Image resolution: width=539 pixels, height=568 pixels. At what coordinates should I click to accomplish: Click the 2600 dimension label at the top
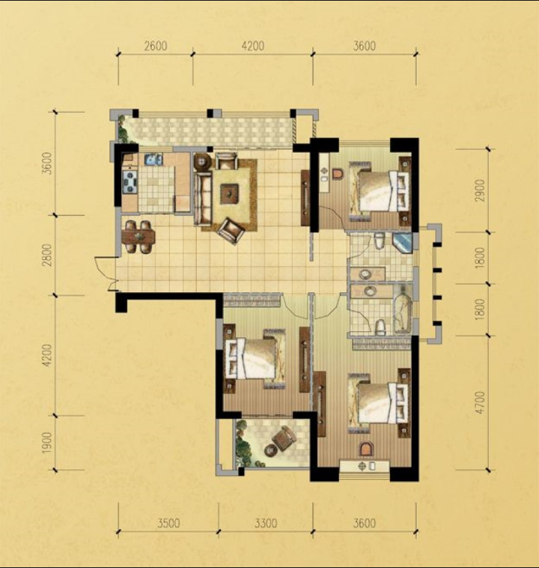(156, 46)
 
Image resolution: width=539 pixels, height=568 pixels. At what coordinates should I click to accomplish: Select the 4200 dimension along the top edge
(253, 46)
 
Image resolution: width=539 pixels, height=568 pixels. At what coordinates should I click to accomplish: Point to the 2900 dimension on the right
(480, 190)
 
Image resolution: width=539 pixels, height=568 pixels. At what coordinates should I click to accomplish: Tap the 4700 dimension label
(480, 402)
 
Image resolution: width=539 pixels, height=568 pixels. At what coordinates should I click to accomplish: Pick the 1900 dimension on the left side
(46, 443)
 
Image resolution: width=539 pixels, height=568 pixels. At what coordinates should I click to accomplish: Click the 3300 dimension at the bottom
(266, 523)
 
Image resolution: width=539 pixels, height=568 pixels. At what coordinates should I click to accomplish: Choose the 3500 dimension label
(168, 523)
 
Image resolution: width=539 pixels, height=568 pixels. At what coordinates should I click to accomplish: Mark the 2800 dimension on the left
(46, 256)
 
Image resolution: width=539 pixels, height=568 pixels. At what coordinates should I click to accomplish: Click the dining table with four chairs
(138, 238)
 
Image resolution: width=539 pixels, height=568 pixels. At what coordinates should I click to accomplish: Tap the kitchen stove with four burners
(130, 181)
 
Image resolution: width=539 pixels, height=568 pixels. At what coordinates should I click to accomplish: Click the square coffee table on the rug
(230, 192)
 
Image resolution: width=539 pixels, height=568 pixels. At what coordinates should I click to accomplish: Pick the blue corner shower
(403, 243)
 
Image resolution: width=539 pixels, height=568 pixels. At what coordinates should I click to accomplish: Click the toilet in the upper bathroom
(379, 241)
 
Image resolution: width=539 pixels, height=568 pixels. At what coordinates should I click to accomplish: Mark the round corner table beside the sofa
(201, 162)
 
